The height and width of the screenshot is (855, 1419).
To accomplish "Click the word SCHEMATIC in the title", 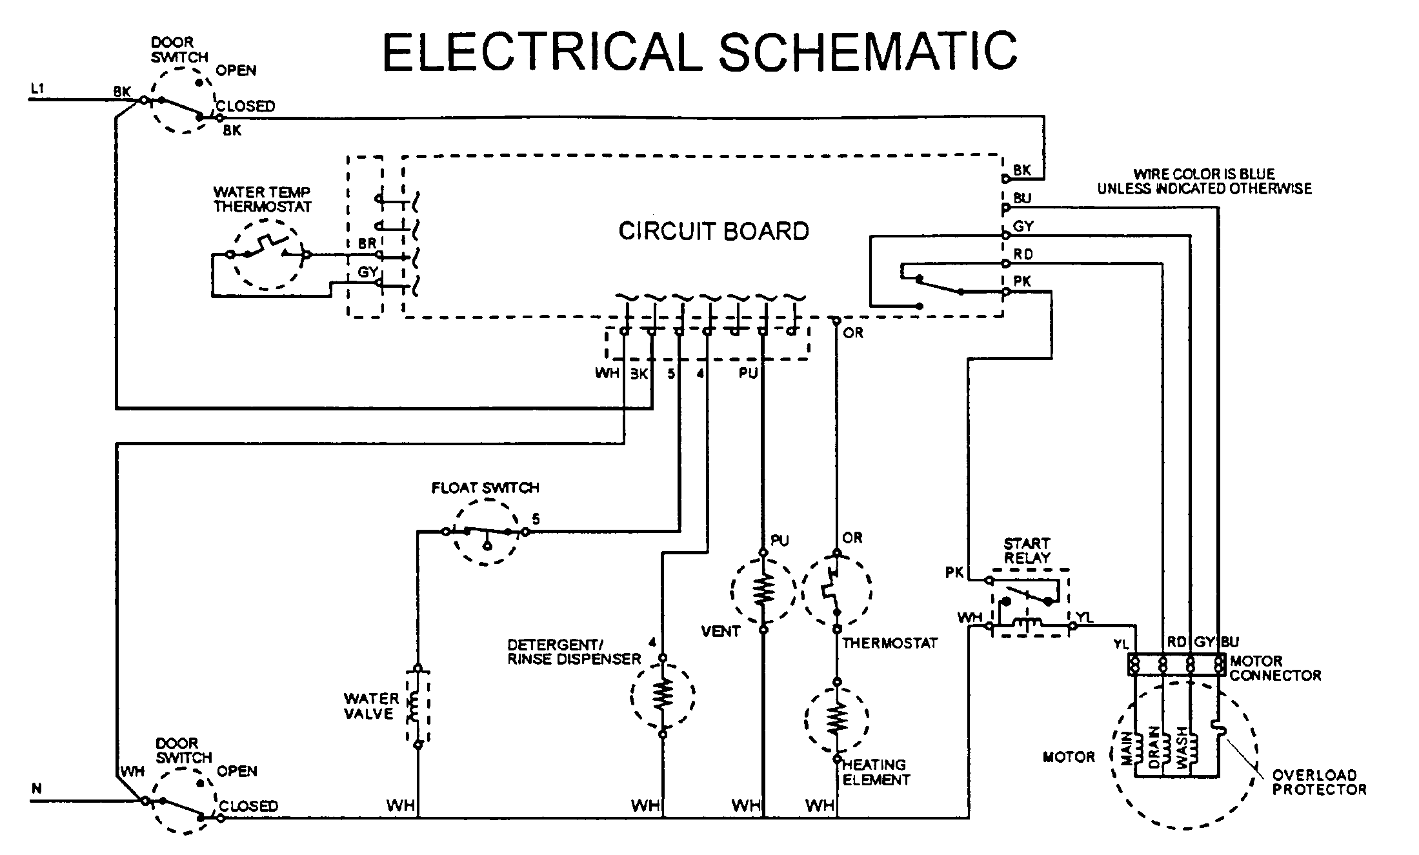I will coord(868,52).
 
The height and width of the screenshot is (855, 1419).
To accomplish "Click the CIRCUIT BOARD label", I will coord(713,231).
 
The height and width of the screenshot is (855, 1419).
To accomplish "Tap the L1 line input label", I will coord(37,88).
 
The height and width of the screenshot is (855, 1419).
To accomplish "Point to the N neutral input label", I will coord(37,789).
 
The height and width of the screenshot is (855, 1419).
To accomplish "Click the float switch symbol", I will coord(486,532).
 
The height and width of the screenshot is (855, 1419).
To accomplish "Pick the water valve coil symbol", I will coord(418,707).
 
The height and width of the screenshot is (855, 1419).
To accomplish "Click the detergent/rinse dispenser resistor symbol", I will coord(663,695).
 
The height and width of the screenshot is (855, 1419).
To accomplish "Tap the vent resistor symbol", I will coord(763,590).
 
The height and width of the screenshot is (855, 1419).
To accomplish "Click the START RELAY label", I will coord(1027,550).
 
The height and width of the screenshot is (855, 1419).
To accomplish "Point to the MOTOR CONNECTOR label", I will coord(1274,669).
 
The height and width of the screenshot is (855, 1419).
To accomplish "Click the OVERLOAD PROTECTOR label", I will coord(1318,782).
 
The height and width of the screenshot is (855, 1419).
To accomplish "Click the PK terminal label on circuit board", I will coord(1022,281).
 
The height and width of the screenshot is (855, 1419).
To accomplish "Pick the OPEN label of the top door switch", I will coord(236,70).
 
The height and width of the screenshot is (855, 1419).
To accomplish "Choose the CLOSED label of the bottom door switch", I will coord(248,806).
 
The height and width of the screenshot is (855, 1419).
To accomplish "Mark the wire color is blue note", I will coord(1204,181).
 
